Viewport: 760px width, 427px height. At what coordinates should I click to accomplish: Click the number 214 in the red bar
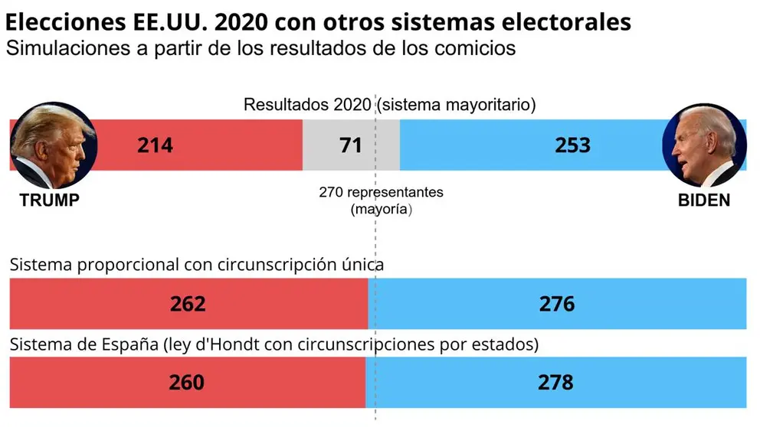(156, 145)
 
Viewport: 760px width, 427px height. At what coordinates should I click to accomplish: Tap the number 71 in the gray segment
(350, 145)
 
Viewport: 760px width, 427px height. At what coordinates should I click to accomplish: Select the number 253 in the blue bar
(572, 145)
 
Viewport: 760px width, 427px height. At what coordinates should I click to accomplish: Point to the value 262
(188, 305)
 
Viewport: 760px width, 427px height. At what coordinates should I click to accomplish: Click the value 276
(557, 305)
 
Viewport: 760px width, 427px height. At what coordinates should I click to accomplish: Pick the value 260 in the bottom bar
(186, 381)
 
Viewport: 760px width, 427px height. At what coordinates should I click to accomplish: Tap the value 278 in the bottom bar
(555, 381)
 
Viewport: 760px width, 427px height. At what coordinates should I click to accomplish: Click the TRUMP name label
(49, 200)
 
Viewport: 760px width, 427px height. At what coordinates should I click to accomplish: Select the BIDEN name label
(703, 200)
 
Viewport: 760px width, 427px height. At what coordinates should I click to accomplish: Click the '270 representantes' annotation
(381, 192)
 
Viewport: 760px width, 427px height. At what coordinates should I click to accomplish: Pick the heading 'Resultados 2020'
(307, 105)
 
